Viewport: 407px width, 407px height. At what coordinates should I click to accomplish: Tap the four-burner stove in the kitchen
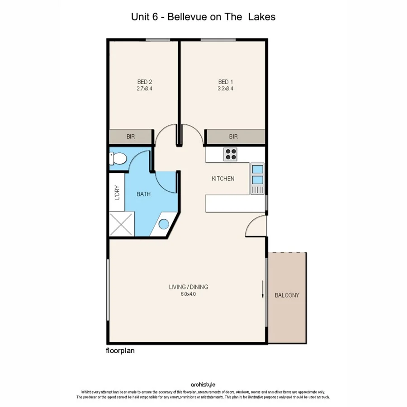[x=231, y=154]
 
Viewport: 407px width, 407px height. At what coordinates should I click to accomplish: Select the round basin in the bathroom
[x=163, y=224]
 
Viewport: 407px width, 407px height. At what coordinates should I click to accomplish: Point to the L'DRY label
[x=117, y=193]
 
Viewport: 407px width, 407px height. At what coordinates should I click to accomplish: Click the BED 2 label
[x=144, y=82]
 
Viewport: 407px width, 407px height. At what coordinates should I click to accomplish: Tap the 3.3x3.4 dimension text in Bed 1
[x=225, y=89]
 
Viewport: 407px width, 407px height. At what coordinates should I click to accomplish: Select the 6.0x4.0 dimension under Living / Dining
[x=188, y=294]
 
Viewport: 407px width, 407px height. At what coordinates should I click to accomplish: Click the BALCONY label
[x=287, y=295]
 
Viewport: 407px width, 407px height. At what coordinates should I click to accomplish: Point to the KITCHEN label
[x=223, y=179]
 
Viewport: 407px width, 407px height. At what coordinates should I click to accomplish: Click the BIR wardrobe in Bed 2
[x=131, y=137]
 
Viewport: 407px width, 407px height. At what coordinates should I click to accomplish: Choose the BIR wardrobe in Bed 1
[x=233, y=137]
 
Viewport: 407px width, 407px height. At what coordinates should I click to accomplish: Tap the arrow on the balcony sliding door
[x=263, y=289]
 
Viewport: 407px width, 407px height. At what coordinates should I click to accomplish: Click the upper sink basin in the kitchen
[x=257, y=170]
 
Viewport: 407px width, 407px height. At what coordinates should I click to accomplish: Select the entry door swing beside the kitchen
[x=256, y=226]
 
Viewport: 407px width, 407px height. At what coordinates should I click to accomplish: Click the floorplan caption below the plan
[x=120, y=350]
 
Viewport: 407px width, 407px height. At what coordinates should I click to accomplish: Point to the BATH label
[x=144, y=194]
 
